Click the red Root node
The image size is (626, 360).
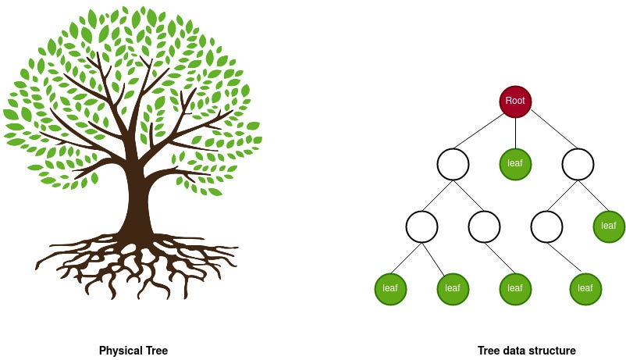515,102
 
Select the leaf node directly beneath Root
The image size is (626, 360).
515,164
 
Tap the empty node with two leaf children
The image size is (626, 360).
421,226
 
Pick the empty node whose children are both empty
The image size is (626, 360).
453,164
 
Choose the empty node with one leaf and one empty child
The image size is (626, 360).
578,164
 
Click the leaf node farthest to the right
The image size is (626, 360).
609,226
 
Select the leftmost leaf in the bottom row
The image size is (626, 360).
390,289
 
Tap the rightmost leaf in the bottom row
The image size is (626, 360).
585,289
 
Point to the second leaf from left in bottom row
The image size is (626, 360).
453,289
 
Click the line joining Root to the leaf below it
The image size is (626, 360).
515,133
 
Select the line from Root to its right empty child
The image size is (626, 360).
546,131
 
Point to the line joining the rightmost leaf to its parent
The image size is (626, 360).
593,195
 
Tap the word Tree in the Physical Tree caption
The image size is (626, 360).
155,351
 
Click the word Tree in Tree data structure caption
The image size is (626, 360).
489,351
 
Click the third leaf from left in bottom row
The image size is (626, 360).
515,289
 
